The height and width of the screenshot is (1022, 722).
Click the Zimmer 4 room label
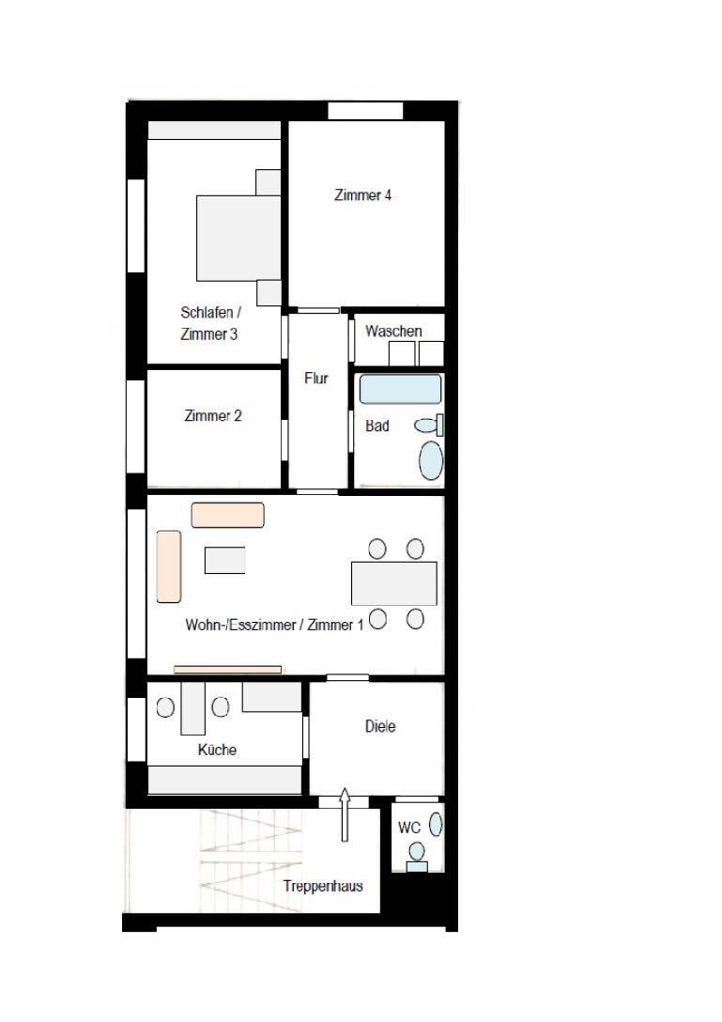coord(363,194)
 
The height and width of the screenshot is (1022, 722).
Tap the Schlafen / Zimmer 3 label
coord(210,323)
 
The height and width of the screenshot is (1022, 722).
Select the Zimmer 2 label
coord(213,416)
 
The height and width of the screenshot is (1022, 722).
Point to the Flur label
coord(316,378)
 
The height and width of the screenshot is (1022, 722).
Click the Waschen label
coord(393,331)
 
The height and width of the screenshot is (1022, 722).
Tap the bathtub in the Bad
coord(400,389)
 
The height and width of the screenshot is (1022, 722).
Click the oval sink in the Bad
coord(431,460)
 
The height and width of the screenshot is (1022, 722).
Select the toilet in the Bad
coord(429,425)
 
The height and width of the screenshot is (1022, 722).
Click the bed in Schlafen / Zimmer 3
coord(239,239)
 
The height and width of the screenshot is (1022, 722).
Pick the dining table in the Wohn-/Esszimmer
coord(394,583)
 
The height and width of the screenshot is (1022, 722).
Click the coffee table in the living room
coord(224,560)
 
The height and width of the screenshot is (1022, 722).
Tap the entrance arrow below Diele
coord(345,814)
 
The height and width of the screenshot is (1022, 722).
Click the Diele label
coord(380,726)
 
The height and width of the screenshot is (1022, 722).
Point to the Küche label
coord(217,750)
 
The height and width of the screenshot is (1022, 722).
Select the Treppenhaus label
coord(323,886)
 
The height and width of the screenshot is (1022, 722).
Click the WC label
coord(409,828)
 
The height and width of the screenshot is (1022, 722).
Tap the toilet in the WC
coord(416,857)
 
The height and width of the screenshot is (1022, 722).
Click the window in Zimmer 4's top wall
coord(365,111)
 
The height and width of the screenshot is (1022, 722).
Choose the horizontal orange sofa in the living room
coord(227,515)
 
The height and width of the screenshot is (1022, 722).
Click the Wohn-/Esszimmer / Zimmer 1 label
coord(274,625)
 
